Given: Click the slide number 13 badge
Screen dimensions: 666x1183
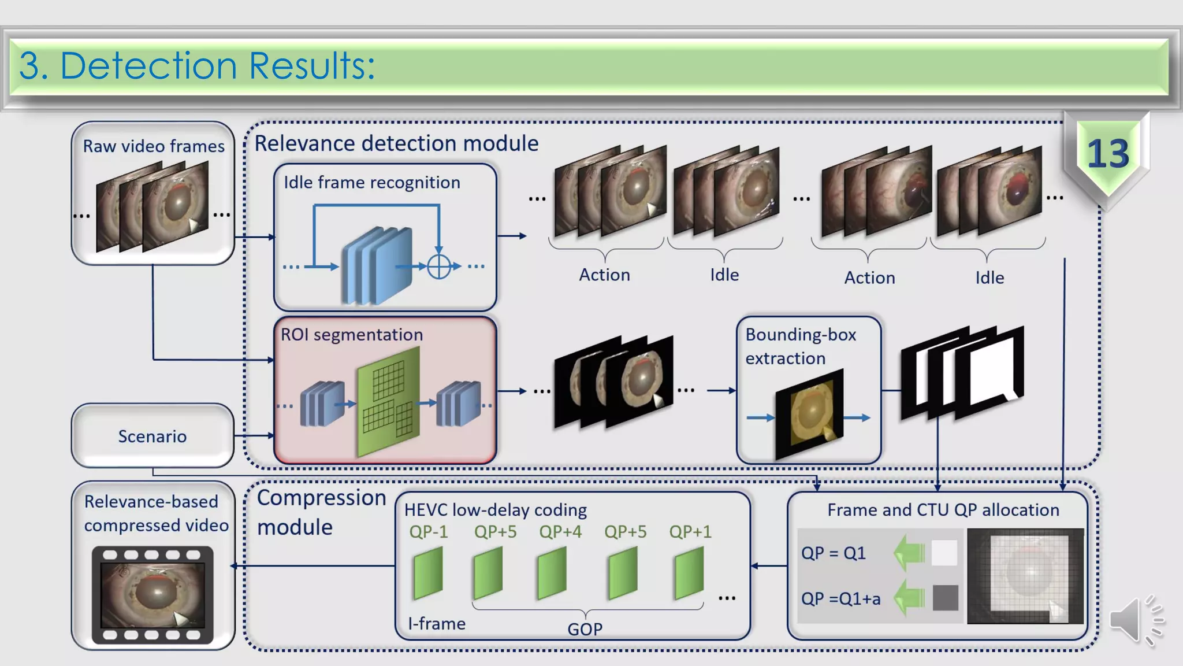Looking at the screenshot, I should coord(1107,154).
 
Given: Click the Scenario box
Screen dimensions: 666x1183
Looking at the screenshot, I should coord(152,436).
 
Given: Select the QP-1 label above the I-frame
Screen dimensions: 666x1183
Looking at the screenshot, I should coord(428,531).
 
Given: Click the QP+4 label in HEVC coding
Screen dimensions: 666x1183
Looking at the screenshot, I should coord(560,531).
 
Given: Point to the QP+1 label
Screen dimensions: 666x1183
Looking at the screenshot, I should coord(690,531).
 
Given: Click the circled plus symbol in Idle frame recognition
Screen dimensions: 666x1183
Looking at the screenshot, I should coord(439,267).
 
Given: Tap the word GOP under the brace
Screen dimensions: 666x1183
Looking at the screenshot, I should coord(585,629).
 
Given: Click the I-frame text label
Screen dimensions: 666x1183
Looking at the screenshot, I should coord(437,624).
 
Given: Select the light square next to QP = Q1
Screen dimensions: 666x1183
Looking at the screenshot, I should coord(944,553).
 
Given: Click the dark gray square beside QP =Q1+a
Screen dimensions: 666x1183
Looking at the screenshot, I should coord(945,598).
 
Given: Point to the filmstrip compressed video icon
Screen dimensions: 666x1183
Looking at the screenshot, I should coord(152,595).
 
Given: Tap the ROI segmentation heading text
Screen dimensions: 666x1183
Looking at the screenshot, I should coord(352,335).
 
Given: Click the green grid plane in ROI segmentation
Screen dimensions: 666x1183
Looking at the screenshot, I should coord(388,402).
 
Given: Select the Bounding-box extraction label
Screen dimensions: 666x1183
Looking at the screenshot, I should coord(801,346).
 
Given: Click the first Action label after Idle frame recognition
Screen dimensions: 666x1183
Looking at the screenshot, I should coord(604,275).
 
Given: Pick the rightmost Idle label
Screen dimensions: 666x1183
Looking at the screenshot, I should coord(989,277).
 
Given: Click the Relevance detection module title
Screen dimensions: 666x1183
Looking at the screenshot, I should coord(396,143).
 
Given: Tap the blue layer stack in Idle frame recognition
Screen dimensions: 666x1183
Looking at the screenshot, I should coord(377,266).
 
